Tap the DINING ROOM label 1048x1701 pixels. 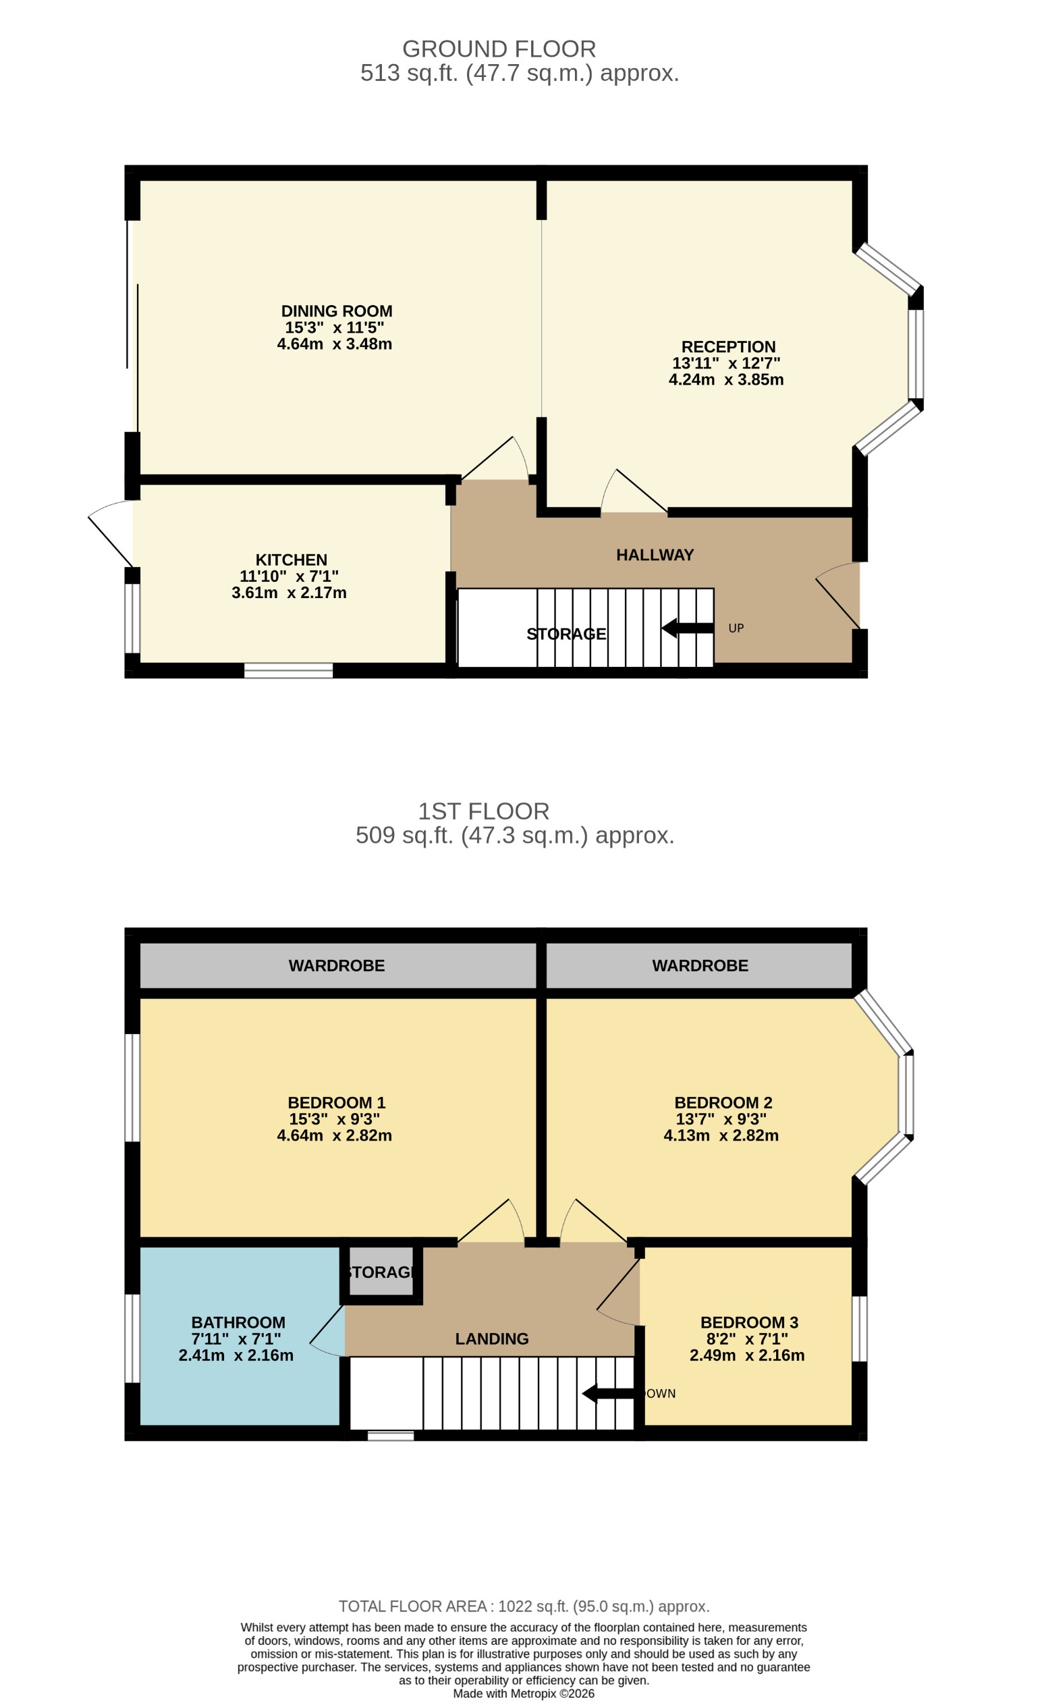[x=336, y=311]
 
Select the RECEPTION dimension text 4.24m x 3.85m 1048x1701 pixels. [x=725, y=380]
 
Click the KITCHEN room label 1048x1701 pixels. [x=291, y=560]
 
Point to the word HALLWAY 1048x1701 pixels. [x=655, y=555]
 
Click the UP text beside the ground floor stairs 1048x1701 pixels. [x=736, y=628]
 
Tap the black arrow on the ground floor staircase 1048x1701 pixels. [x=686, y=628]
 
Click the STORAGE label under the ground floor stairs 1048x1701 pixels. [x=566, y=634]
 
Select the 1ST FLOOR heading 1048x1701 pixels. [x=483, y=811]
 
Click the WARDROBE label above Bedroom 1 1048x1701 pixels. [x=336, y=965]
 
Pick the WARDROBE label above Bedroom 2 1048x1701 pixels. [x=699, y=965]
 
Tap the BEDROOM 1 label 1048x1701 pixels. [x=336, y=1102]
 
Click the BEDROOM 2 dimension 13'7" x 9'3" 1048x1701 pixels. [x=721, y=1118]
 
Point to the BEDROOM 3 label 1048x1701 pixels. [x=748, y=1322]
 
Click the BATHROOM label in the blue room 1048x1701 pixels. [x=238, y=1322]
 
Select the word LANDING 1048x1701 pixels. [x=491, y=1339]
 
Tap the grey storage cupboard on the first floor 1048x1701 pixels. [x=381, y=1272]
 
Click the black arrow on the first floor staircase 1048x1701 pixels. [x=607, y=1393]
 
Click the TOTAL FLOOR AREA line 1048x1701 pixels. [x=523, y=1606]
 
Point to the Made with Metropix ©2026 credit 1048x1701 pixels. [x=523, y=1694]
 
